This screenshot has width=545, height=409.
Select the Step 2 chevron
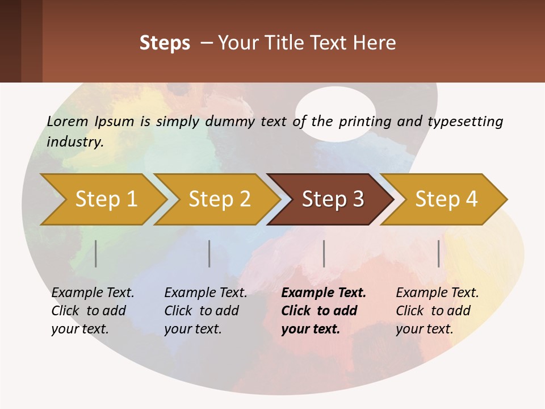[219, 199]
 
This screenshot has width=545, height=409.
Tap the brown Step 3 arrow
[332, 199]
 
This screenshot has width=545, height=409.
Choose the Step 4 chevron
[446, 199]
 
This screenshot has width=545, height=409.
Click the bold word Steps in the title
[165, 43]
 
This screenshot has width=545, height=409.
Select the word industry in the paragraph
[75, 141]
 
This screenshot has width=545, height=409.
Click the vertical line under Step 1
[96, 253]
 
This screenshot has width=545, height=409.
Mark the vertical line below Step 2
[209, 253]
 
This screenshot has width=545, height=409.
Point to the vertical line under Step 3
[324, 253]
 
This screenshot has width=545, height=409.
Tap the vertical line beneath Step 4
[439, 253]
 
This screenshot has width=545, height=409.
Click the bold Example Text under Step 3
[324, 293]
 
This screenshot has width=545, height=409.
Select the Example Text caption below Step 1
[93, 293]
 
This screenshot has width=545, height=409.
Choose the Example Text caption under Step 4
[437, 293]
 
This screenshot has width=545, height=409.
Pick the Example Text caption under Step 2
[206, 293]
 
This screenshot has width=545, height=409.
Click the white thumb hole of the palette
[336, 114]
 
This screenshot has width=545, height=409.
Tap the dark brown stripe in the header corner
[10, 41]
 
